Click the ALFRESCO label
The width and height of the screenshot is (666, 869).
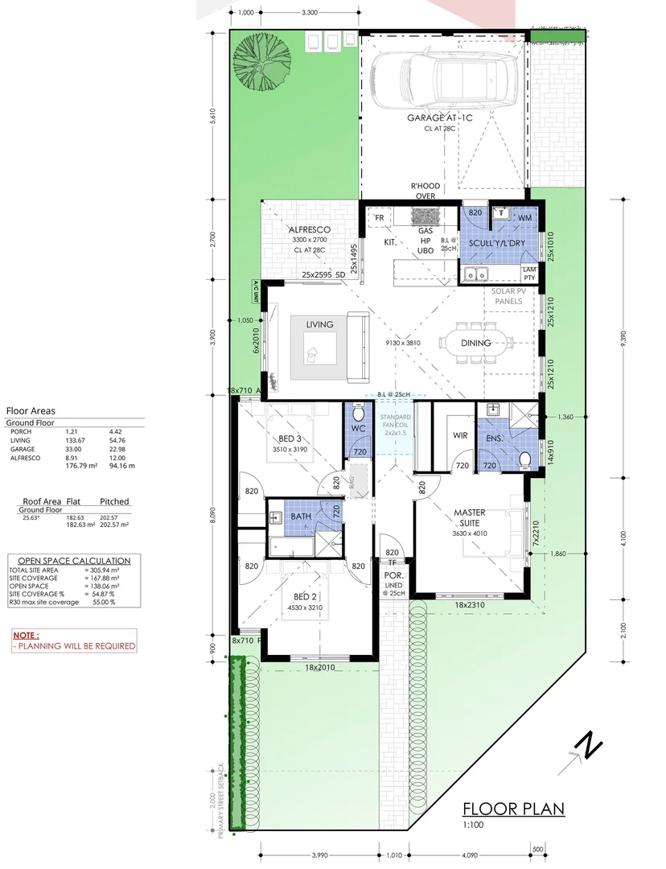point(309,229)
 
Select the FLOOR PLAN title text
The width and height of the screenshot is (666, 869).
point(514,809)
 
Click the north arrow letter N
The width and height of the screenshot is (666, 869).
point(591,746)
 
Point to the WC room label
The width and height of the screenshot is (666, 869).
point(359,429)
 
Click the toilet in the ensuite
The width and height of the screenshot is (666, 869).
point(524,459)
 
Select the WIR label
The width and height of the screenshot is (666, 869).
point(460,435)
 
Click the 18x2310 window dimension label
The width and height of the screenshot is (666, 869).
point(471,604)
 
